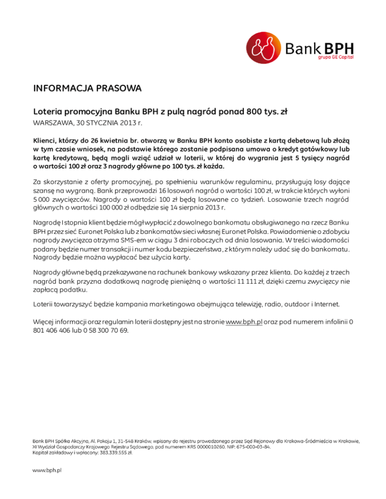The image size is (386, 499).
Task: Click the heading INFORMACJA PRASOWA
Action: click(x=87, y=89)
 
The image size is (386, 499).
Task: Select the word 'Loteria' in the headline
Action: click(x=50, y=111)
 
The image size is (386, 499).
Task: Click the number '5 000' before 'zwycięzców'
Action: click(x=42, y=199)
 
